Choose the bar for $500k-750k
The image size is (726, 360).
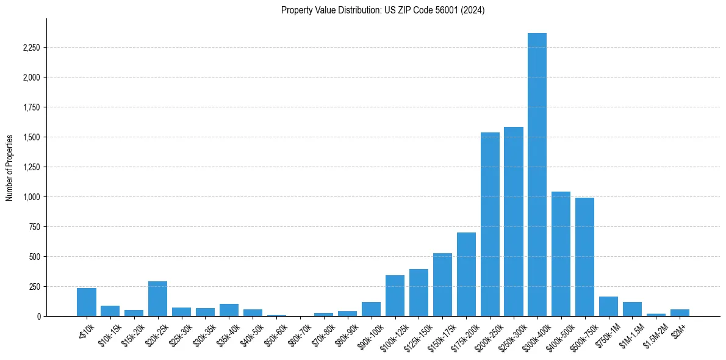pos(584,257)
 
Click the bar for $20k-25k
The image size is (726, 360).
pos(157,299)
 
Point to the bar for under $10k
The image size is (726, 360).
pos(87,302)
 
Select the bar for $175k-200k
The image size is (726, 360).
pos(466,275)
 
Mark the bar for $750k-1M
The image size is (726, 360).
pos(608,306)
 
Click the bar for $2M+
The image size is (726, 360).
pos(680,312)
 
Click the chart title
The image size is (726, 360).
pos(383,10)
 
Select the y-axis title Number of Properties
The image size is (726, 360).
pos(10,167)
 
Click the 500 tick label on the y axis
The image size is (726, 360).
pos(34,257)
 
